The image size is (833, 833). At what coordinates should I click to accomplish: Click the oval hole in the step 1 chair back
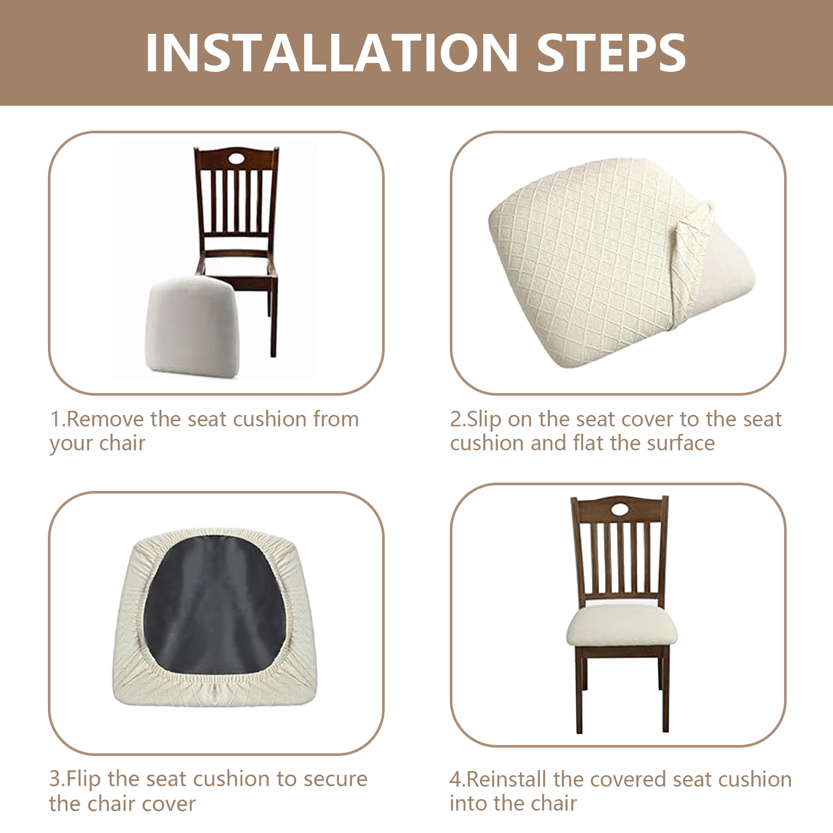click(x=236, y=157)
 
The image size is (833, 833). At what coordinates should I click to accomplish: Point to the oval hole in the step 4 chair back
click(x=619, y=508)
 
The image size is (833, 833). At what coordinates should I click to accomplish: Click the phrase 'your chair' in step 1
click(x=97, y=444)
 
